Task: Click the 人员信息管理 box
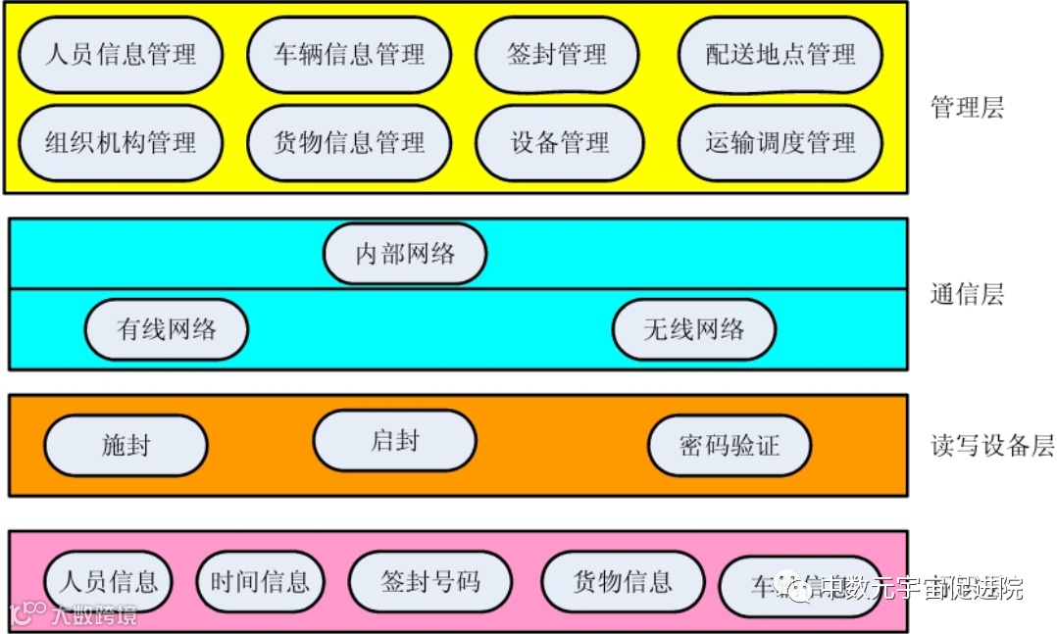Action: tap(120, 54)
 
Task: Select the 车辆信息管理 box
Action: tap(349, 54)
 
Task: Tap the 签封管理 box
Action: tap(557, 54)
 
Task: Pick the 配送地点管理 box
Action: tap(780, 54)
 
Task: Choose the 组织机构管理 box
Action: tap(120, 143)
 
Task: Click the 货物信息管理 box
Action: tap(349, 143)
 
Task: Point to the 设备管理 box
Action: tap(560, 143)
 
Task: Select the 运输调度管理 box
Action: tap(780, 143)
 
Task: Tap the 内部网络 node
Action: tap(405, 254)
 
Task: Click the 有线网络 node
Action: tap(167, 329)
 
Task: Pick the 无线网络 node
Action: tap(694, 329)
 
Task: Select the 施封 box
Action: tap(126, 446)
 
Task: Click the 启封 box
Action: tap(395, 441)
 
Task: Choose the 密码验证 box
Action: tap(730, 446)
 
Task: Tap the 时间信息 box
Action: tap(260, 582)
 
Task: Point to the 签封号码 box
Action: tap(430, 582)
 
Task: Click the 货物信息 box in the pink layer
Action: tap(623, 582)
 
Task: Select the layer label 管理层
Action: tap(967, 108)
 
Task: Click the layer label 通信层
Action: tap(967, 294)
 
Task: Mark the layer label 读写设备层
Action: tap(991, 446)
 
